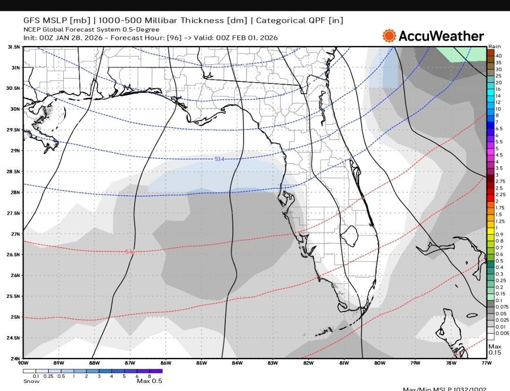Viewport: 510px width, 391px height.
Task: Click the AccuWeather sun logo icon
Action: click(x=389, y=36)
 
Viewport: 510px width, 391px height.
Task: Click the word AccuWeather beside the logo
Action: click(x=441, y=36)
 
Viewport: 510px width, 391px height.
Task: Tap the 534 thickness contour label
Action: click(x=219, y=159)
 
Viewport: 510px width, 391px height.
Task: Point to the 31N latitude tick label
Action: click(x=16, y=68)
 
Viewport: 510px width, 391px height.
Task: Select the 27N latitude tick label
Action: click(x=16, y=234)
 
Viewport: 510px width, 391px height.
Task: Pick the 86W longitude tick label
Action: click(x=166, y=363)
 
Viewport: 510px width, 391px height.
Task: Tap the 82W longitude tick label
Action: click(x=308, y=363)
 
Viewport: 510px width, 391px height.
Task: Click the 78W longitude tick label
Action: click(x=451, y=363)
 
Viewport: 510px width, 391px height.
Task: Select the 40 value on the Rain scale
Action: click(x=498, y=56)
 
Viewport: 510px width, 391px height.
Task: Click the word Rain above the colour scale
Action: click(x=494, y=46)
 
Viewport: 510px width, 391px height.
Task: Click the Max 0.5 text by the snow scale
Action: click(x=149, y=381)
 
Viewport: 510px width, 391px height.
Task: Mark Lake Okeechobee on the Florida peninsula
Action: click(x=350, y=235)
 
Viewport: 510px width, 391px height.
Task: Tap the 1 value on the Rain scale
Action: click(x=496, y=228)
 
